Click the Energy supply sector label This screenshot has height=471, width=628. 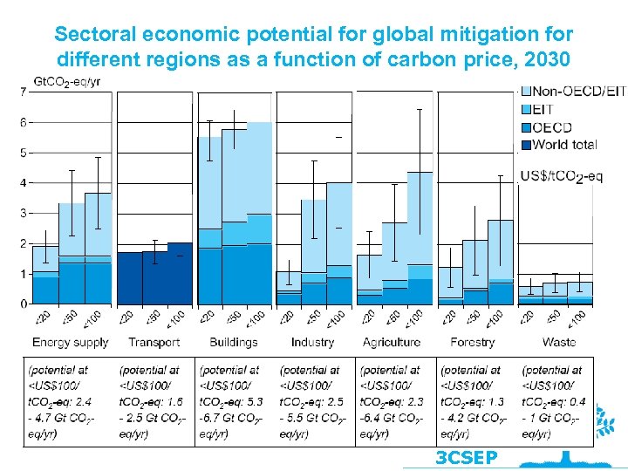pos(70,342)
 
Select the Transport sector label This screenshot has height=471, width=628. pos(154,342)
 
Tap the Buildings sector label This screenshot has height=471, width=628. pos(234,342)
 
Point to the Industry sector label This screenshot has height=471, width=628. pos(312,342)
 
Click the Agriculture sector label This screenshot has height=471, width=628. pos(392,342)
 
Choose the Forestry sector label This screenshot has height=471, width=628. pos(472,342)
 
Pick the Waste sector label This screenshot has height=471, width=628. pos(558,342)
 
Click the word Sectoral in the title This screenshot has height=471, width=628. pos(91,35)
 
